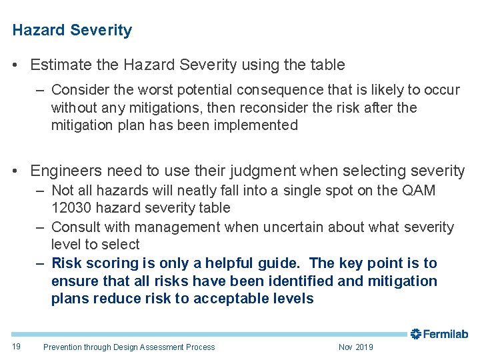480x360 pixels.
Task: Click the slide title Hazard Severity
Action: tap(72, 31)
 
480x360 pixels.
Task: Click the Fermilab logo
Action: tap(439, 334)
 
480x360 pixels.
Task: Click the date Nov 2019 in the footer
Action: tap(356, 347)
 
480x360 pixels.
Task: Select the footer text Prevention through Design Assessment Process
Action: tap(129, 347)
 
